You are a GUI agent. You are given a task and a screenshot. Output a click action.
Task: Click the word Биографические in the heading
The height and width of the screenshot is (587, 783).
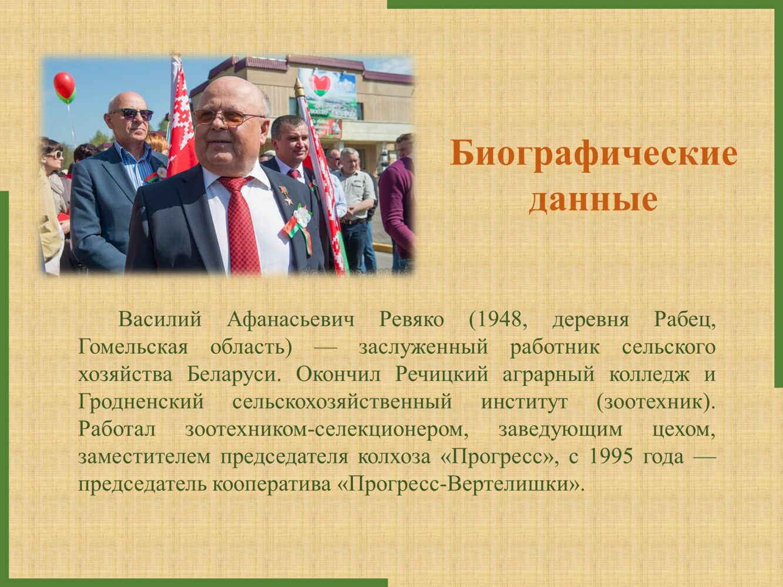pos(593,154)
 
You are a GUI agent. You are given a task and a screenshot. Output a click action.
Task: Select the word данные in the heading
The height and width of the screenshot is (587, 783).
pos(593,200)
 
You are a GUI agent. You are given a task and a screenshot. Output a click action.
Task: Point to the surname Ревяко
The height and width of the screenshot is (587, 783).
pos(411,320)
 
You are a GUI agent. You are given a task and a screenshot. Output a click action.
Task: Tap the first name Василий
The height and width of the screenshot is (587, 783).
pos(160,320)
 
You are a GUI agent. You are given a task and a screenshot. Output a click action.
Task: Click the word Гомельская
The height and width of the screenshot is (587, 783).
pos(133,348)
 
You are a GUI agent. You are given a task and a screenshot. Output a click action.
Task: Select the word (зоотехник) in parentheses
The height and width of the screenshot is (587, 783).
pos(656,403)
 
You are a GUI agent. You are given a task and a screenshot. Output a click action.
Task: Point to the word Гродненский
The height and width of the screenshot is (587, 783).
pos(141,403)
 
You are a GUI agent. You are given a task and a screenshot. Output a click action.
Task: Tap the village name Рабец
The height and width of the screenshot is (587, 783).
pos(685,321)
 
